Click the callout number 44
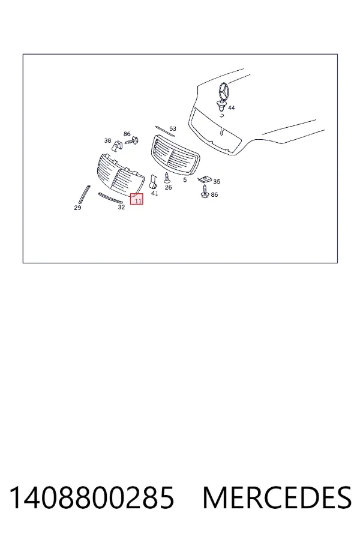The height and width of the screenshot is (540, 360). (232, 108)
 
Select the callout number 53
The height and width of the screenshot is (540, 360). (173, 128)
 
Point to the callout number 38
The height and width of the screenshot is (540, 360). (107, 140)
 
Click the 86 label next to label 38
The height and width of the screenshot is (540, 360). (127, 134)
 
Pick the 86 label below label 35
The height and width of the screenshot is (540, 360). (214, 194)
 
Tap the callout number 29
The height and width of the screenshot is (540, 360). (77, 208)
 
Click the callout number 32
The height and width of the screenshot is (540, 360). (121, 207)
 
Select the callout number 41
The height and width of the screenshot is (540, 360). (155, 193)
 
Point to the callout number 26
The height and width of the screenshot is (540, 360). (168, 187)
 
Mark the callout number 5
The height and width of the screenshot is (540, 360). (185, 180)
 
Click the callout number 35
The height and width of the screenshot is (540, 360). (217, 181)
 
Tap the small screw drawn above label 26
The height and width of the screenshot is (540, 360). (167, 178)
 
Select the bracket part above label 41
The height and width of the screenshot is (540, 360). (152, 181)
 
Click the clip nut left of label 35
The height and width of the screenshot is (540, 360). (205, 179)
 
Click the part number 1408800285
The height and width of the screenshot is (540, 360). (92, 497)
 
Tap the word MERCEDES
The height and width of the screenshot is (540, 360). (277, 497)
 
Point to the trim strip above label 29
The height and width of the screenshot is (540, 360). (84, 194)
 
